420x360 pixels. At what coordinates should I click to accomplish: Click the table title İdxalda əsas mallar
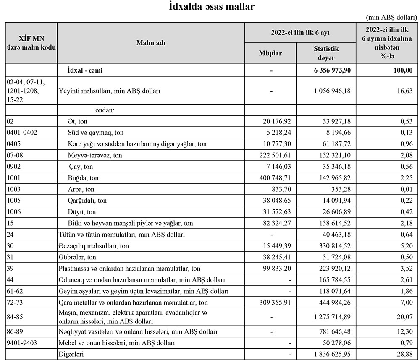(210, 6)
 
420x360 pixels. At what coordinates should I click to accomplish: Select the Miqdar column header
(270, 53)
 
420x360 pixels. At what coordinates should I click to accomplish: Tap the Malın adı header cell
(150, 43)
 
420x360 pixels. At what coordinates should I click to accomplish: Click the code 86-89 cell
(15, 331)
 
